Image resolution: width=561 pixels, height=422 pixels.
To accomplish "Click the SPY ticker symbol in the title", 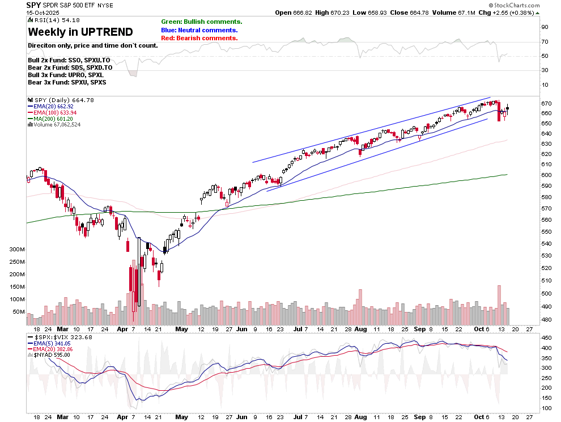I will click(33, 5).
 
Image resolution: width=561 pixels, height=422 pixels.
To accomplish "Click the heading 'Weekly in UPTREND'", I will click(80, 32).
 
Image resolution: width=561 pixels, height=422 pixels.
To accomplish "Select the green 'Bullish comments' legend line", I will click(201, 22).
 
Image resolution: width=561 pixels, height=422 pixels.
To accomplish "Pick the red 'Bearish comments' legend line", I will click(199, 38).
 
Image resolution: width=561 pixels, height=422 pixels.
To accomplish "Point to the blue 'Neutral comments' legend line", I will click(199, 30).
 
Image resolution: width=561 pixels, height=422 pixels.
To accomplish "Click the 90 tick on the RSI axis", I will click(545, 27).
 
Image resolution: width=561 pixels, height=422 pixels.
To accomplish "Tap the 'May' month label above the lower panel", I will click(181, 328).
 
